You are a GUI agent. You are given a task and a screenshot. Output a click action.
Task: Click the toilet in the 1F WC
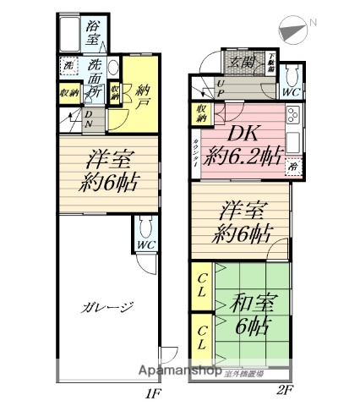coord(145,228)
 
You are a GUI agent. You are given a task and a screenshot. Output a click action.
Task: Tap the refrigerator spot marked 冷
coord(292,167)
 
